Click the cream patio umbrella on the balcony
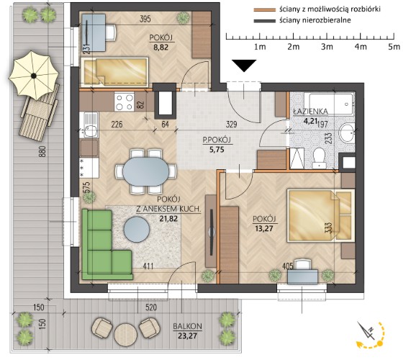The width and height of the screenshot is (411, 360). click(34, 76)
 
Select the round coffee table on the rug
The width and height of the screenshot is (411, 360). click(137, 230)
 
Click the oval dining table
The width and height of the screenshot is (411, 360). click(145, 171)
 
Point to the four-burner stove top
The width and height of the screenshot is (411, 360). click(125, 102)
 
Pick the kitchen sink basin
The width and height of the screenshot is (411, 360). click(90, 130)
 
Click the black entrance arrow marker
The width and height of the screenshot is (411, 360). click(244, 66)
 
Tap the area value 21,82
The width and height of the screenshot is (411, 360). click(168, 218)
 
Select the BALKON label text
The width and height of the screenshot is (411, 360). click(187, 326)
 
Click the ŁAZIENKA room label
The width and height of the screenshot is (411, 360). click(311, 112)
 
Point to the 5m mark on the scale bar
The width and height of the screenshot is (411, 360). click(394, 47)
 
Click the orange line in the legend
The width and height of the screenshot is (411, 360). click(264, 10)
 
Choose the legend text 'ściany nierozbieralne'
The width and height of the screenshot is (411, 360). click(315, 20)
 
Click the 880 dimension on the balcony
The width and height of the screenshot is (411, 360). click(43, 151)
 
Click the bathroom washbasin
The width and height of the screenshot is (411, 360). click(347, 132)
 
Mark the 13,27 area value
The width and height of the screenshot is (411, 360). click(264, 228)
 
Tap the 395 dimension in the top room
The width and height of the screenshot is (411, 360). click(145, 19)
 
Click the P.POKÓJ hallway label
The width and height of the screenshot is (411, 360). click(217, 140)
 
